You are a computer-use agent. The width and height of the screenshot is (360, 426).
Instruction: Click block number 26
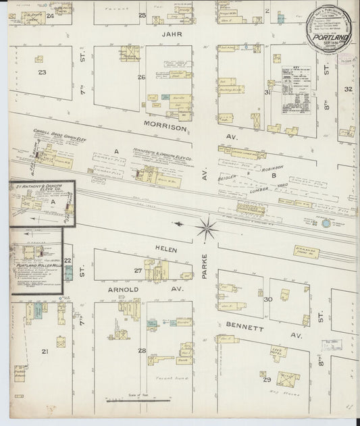point(141,77)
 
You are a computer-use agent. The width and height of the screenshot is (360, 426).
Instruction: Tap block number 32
point(348,88)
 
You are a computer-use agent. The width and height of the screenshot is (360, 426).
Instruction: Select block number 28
point(141,350)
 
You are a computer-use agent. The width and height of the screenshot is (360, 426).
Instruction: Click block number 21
point(45,351)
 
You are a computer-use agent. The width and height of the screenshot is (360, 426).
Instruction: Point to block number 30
point(267,298)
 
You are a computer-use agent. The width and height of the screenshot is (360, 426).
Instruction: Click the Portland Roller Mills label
point(34,266)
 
